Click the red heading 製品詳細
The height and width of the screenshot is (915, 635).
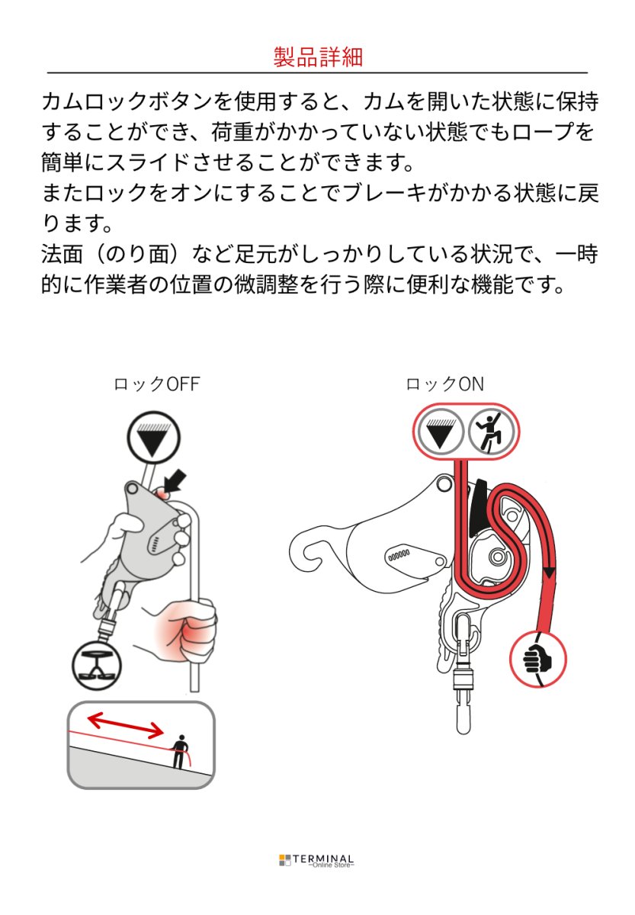317,56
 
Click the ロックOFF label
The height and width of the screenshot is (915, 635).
156,384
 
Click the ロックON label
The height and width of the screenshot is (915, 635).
444,384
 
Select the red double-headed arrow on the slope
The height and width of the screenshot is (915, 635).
124,725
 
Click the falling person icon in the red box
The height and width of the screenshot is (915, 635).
492,432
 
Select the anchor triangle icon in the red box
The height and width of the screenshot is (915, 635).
440,432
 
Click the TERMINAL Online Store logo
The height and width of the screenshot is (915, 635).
316,860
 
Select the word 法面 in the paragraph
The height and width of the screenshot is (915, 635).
63,255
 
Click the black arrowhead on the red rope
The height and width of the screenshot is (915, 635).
549,572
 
